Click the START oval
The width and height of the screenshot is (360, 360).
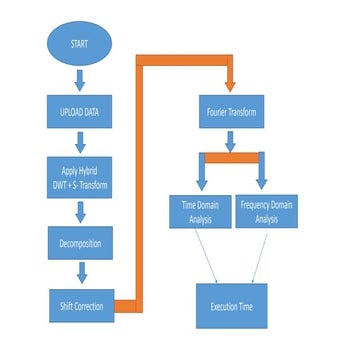pyautogui.click(x=81, y=46)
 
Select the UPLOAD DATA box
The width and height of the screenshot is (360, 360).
pyautogui.click(x=81, y=107)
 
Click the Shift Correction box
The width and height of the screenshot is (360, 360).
pyautogui.click(x=81, y=304)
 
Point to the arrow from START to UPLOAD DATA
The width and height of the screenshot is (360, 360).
pyautogui.click(x=81, y=77)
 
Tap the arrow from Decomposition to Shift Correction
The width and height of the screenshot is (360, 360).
pyautogui.click(x=81, y=272)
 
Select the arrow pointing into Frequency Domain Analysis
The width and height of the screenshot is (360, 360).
pyautogui.click(x=263, y=177)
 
